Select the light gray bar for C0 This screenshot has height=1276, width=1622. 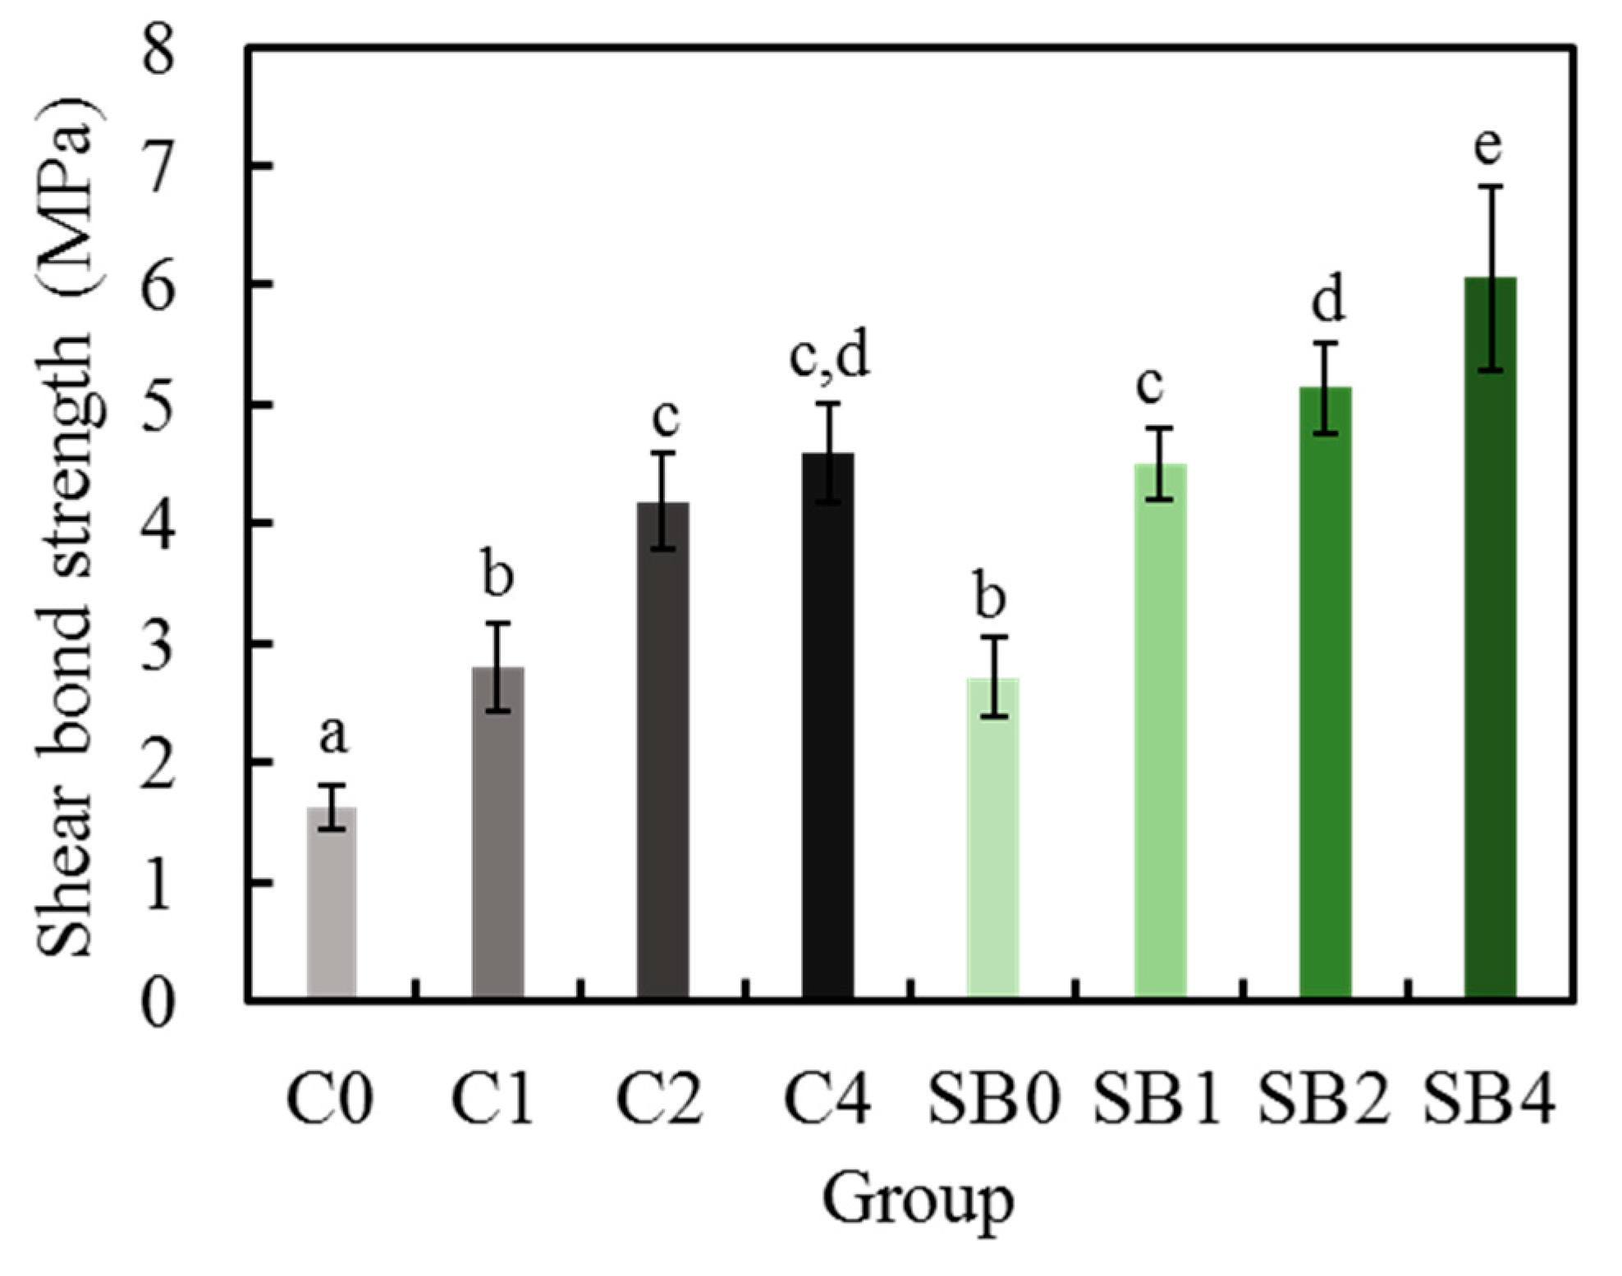coord(332,903)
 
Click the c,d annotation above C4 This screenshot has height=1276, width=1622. coord(829,357)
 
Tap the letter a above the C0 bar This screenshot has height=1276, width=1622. coord(332,734)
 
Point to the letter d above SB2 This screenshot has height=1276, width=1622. coord(1327,300)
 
